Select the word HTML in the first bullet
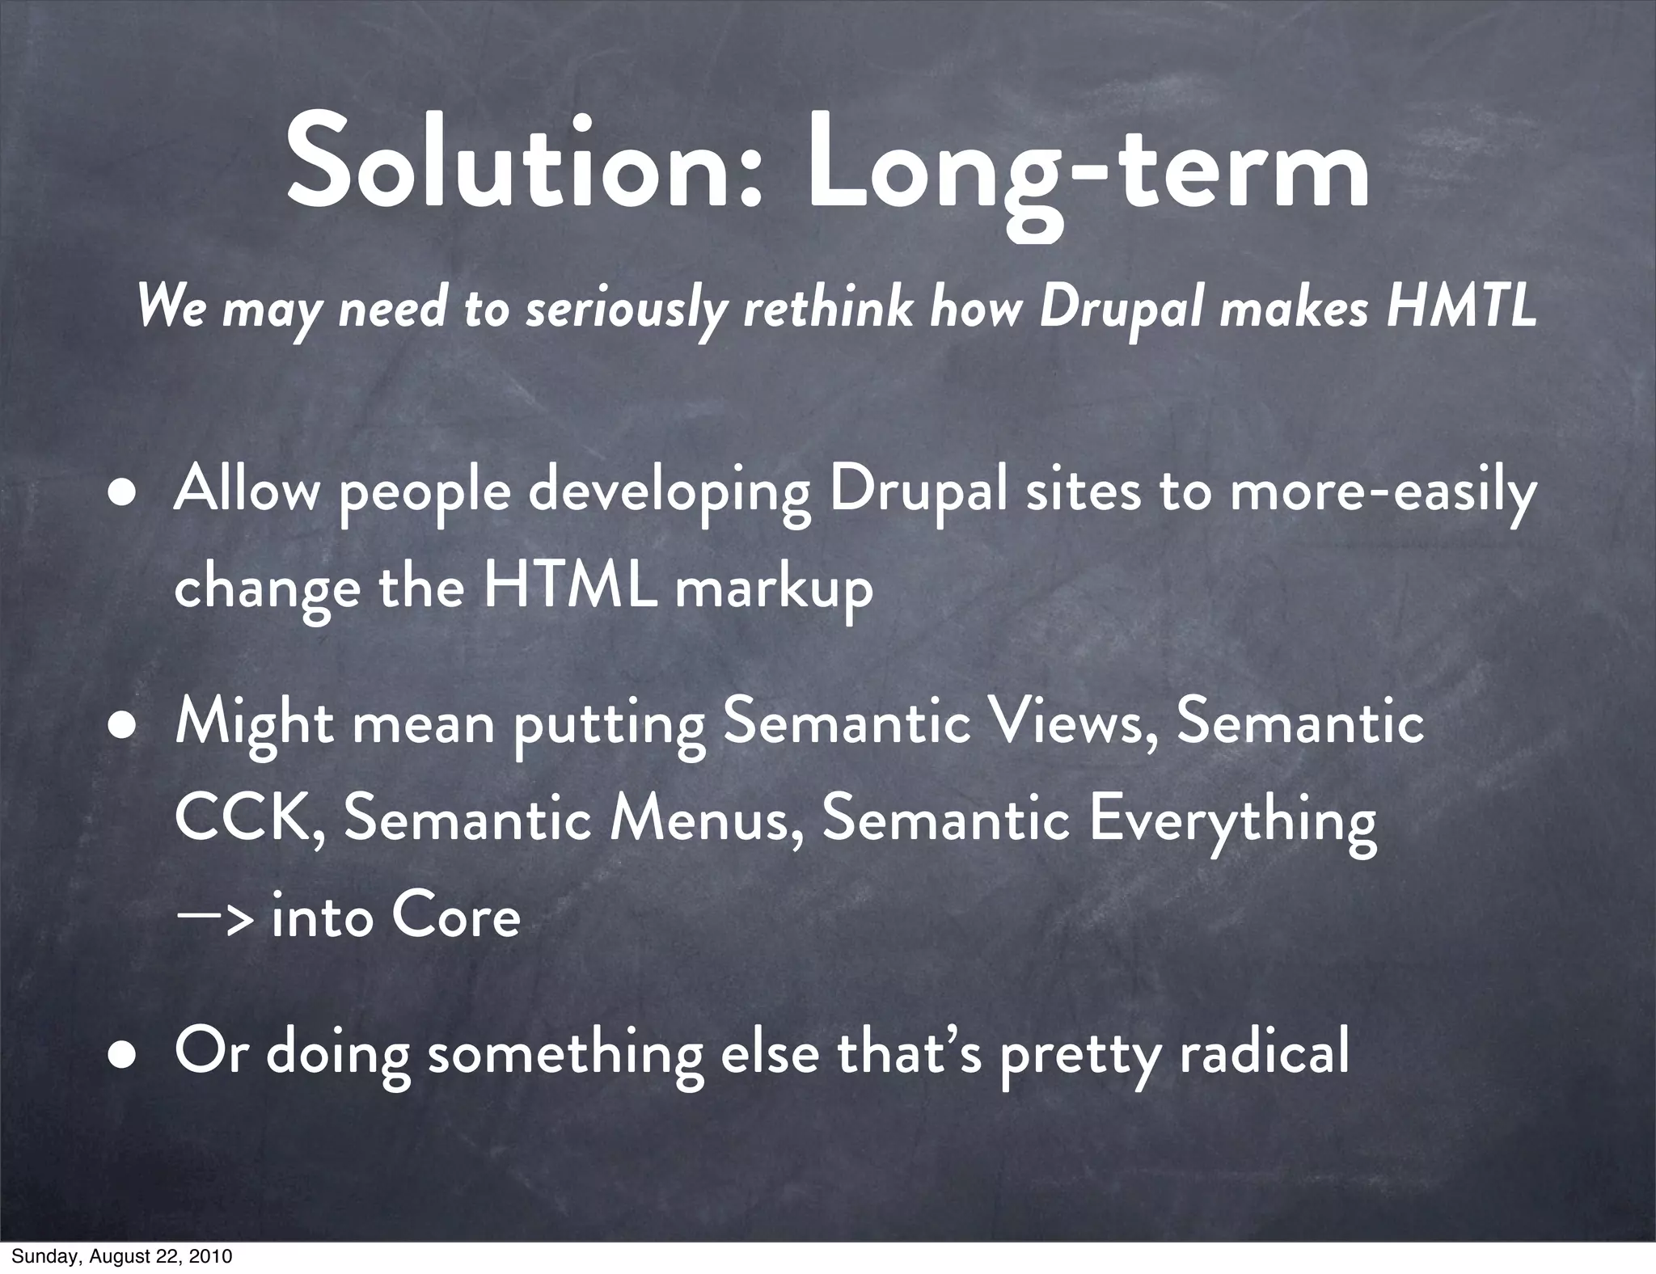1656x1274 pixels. tap(570, 588)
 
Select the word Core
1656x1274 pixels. tap(455, 917)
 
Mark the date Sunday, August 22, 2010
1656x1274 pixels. tap(121, 1256)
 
